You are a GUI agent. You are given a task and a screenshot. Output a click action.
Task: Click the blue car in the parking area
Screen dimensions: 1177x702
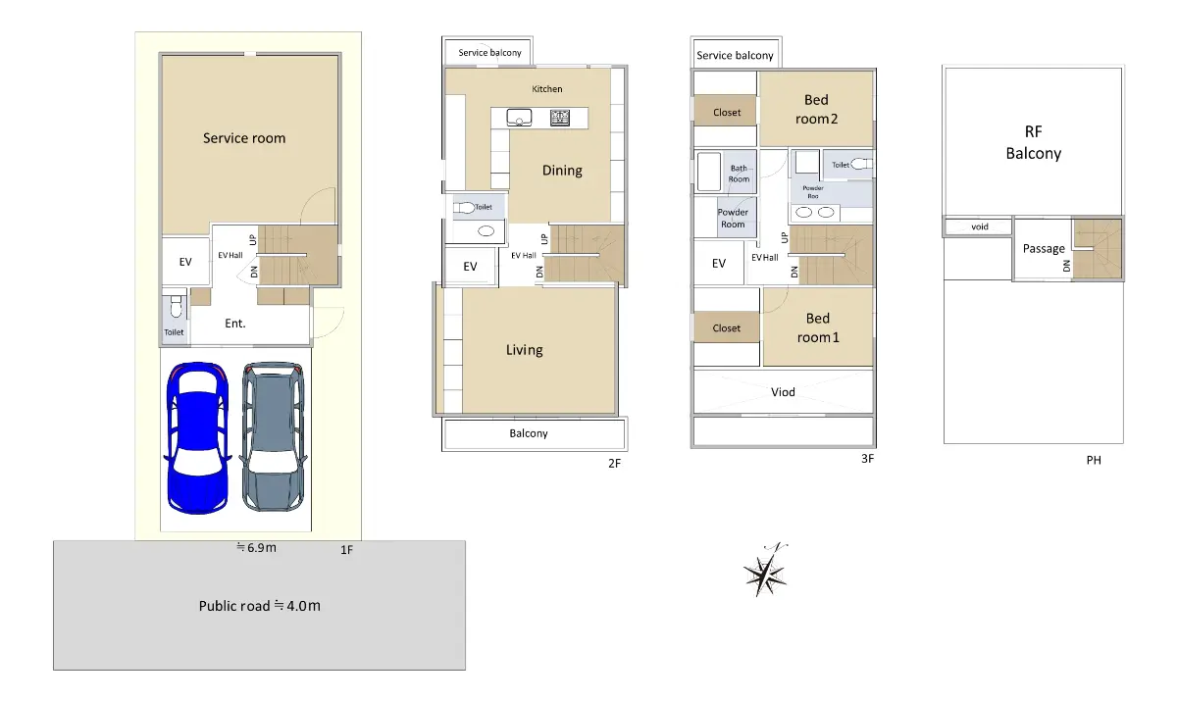click(x=197, y=438)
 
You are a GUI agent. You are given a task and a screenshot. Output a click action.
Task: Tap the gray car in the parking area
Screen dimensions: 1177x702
click(x=274, y=435)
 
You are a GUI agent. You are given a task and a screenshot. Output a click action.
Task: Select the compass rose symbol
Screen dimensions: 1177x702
click(x=766, y=571)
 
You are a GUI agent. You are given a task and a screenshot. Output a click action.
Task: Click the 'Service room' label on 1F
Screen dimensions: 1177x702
click(x=244, y=138)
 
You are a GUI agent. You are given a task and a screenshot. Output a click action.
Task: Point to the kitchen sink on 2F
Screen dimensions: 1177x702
click(x=519, y=117)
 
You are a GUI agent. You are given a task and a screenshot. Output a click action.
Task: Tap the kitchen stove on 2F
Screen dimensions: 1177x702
click(x=560, y=117)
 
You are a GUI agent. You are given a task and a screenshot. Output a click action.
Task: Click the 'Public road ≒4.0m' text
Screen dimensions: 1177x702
click(x=260, y=606)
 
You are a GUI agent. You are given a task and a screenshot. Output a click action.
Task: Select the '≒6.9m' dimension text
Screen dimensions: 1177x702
click(x=256, y=548)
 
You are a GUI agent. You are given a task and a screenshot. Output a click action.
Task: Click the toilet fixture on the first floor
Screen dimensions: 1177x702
click(x=176, y=307)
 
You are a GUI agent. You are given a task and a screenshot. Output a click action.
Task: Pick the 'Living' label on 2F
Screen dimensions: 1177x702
click(x=525, y=350)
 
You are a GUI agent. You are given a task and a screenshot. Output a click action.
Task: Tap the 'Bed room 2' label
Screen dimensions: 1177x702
click(x=816, y=109)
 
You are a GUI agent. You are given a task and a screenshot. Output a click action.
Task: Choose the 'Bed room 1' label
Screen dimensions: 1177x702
click(x=818, y=327)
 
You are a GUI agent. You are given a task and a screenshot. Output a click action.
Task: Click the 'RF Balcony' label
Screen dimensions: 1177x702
click(x=1034, y=142)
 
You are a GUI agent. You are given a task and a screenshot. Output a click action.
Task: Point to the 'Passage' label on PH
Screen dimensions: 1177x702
click(x=1044, y=248)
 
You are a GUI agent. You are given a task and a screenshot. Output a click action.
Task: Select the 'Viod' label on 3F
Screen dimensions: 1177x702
click(x=783, y=392)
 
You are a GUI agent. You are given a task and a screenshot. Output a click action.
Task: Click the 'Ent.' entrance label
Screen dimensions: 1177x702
click(x=235, y=324)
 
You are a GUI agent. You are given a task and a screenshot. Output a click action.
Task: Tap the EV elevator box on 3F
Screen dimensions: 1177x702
click(x=719, y=263)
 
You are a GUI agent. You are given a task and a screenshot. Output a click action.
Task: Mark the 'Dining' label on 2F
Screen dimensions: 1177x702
click(x=562, y=171)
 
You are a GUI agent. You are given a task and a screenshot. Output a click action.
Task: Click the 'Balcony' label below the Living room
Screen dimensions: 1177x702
click(x=529, y=433)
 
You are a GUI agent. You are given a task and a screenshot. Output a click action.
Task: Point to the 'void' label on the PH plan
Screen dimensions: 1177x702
click(x=980, y=226)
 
